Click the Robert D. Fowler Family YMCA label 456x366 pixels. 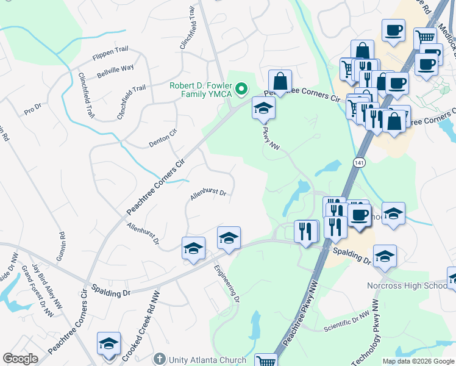tap(202, 90)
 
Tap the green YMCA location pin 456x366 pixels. tap(241, 90)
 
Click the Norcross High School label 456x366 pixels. tap(408, 285)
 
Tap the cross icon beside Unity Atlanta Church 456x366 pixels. tap(160, 359)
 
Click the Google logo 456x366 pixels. tap(20, 359)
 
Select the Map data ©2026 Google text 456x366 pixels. tap(418, 361)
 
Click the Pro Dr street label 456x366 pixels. tap(32, 110)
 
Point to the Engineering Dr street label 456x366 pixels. tap(226, 282)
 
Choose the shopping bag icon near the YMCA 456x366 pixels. tap(280, 81)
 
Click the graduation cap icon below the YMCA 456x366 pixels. tap(263, 108)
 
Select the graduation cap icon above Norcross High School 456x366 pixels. tap(384, 256)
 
